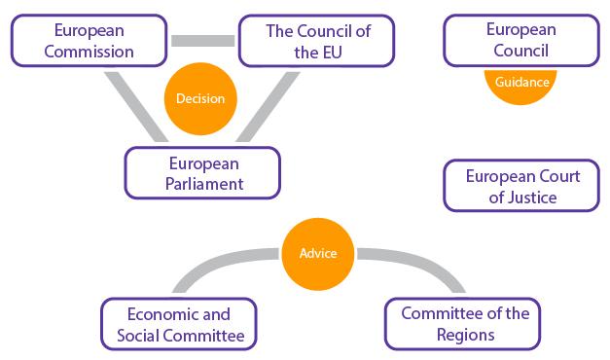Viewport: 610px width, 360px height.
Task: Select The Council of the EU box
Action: pos(318,40)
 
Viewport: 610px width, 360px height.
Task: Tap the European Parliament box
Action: pos(202,171)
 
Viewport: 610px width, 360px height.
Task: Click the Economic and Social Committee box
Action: pos(179,324)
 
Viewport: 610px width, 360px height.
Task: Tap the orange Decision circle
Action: pos(200,98)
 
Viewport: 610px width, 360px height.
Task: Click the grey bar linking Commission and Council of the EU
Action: pos(203,41)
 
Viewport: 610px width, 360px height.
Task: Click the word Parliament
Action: pos(202,182)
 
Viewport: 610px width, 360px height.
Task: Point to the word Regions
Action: pos(465,335)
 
